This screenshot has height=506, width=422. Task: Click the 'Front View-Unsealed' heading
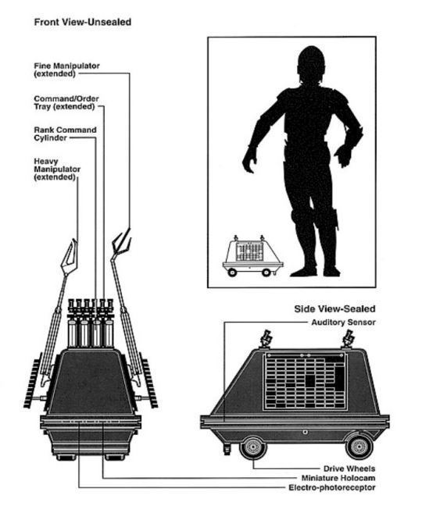click(83, 23)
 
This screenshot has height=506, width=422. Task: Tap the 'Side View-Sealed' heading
click(334, 308)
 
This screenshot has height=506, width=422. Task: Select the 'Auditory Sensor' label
click(343, 322)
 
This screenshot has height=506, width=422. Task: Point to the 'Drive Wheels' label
click(349, 469)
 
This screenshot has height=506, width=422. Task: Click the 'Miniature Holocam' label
click(338, 478)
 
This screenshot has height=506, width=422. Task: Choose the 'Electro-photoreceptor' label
click(332, 487)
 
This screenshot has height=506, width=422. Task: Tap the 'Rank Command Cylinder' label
click(65, 134)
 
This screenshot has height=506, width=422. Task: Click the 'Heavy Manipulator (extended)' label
click(57, 169)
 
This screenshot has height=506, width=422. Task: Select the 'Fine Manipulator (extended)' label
click(67, 69)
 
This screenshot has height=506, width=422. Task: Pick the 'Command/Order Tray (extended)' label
click(66, 102)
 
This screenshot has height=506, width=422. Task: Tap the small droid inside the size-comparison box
click(252, 256)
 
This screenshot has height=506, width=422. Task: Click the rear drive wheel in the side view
click(359, 447)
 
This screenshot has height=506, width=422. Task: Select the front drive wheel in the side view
click(253, 447)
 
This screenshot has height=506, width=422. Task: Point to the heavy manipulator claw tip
click(74, 241)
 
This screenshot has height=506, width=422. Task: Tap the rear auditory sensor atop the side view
click(348, 339)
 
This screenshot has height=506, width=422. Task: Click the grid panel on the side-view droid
click(305, 382)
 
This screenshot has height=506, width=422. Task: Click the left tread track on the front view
click(32, 381)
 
